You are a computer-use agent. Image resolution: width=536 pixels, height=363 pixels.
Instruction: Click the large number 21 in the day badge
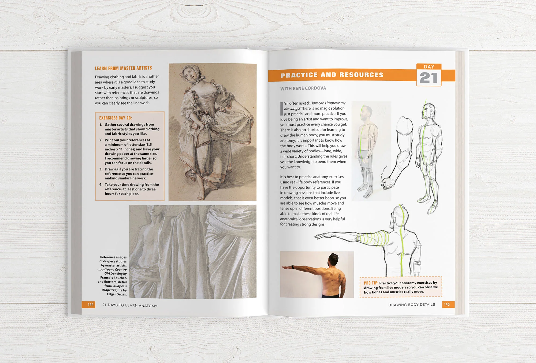pos(429,78)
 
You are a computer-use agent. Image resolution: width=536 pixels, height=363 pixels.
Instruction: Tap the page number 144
pos(91,305)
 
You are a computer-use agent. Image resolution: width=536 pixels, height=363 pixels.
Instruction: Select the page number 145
pos(446,304)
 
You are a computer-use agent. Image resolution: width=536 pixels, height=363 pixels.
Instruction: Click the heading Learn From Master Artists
pos(123,68)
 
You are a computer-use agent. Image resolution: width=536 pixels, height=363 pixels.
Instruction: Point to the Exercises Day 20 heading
pos(116,118)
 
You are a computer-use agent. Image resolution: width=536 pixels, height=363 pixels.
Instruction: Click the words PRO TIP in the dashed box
pos(371,283)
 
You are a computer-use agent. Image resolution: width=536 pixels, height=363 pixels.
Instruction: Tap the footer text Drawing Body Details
pos(412,305)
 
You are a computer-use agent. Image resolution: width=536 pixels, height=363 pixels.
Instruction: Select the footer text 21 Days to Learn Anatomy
pos(130,305)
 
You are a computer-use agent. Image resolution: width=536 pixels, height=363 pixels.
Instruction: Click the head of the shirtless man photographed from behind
pos(334,260)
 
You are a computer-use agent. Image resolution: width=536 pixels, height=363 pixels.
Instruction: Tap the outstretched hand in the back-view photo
pos(286,267)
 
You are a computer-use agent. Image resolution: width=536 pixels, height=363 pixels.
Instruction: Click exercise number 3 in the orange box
pos(101,169)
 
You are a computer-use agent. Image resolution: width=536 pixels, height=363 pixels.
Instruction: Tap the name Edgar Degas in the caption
pos(117,294)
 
